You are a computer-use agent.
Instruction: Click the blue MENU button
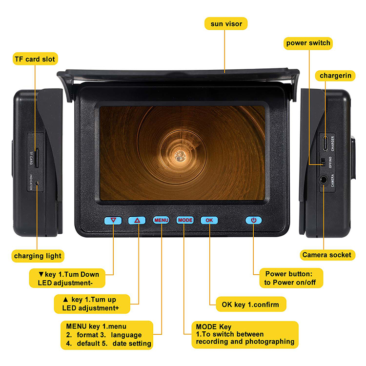click(161, 220)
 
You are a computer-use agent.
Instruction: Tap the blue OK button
click(209, 220)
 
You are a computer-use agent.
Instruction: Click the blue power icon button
click(253, 220)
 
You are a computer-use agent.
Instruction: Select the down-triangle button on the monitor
click(113, 221)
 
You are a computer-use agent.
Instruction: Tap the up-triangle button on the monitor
click(137, 221)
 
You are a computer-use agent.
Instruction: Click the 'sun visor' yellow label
click(226, 23)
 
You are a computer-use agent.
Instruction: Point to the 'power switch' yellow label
click(308, 43)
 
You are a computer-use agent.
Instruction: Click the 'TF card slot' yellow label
click(35, 59)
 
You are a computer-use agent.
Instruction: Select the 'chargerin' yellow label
click(335, 76)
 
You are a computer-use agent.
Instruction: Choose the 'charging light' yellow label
click(38, 256)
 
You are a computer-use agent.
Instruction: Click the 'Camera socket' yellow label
click(327, 255)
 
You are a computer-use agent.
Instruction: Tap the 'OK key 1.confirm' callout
click(251, 305)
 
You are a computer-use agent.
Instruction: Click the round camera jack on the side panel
click(323, 180)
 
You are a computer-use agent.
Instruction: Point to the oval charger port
click(325, 143)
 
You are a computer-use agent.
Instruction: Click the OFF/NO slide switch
click(323, 162)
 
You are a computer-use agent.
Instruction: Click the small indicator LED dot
click(37, 183)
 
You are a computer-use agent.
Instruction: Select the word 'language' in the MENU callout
click(126, 335)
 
